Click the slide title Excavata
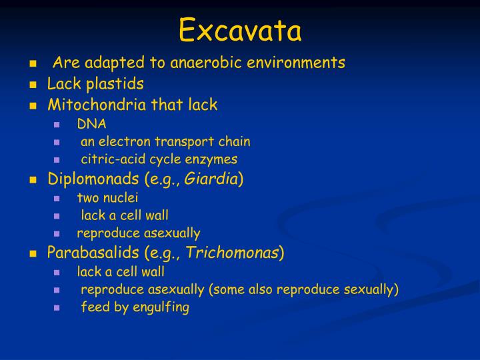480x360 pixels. [x=240, y=30]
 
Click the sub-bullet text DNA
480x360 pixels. [x=91, y=123]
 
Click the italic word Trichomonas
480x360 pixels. [x=232, y=253]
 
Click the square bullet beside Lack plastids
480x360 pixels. [x=33, y=85]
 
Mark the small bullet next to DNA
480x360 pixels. [x=58, y=124]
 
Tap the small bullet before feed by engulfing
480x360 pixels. [x=58, y=308]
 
